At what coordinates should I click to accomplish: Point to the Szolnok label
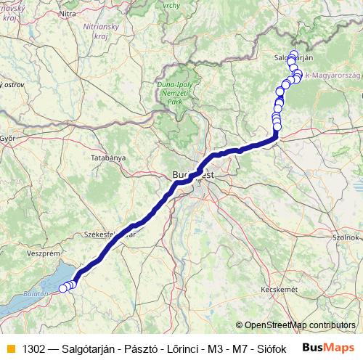coord(346,237)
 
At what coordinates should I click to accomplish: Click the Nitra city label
coord(67,13)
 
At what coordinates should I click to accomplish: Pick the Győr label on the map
coord(8,137)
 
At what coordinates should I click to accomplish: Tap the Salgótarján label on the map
coord(293,57)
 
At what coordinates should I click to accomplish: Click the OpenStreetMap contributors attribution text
coord(300,325)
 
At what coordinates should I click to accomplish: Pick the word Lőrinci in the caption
coord(181,348)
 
